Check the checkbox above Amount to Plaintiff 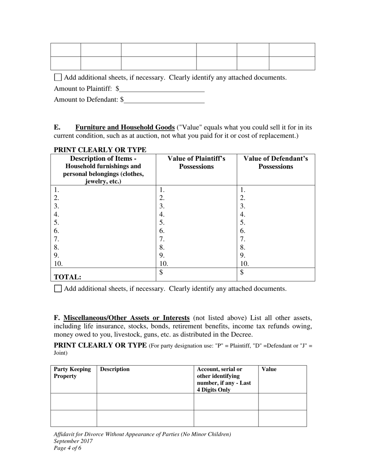(58, 77)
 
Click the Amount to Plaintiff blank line (162, 89)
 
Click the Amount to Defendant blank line (165, 100)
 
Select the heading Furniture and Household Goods (125, 127)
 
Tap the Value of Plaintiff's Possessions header (196, 163)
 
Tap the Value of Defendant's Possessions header (275, 163)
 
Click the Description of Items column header (103, 170)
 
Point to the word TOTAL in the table (67, 277)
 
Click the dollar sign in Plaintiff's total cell (161, 272)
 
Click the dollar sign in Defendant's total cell (242, 272)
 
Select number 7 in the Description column (57, 239)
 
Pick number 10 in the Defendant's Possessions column (245, 264)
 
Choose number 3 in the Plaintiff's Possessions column (162, 206)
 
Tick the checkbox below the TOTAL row (58, 288)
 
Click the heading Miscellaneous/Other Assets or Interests (126, 318)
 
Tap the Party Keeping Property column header (72, 373)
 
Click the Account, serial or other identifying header (224, 379)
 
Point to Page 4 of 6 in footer (67, 448)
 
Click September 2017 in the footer (73, 441)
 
